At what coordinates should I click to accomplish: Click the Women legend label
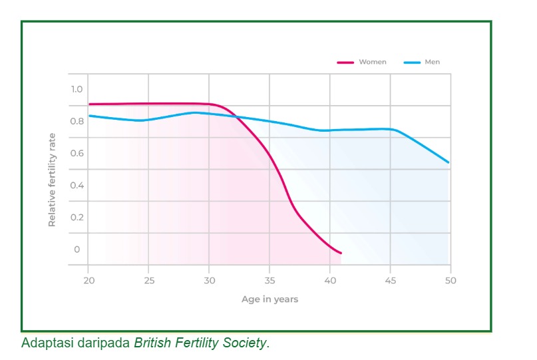(372, 62)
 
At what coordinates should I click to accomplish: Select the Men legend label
(432, 62)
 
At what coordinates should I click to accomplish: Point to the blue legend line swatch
(412, 63)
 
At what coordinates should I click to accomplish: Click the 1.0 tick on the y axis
(77, 89)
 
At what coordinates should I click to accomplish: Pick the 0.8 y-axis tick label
(77, 121)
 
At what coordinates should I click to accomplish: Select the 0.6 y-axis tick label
(77, 153)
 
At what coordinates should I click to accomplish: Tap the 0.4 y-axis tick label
(77, 185)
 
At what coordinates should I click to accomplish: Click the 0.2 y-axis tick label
(77, 217)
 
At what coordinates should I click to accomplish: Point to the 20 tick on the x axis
(89, 280)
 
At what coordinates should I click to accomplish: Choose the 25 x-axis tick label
(149, 280)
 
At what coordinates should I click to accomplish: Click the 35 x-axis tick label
(269, 280)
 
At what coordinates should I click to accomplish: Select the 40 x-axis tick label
(330, 280)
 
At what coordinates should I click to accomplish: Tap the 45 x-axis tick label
(391, 280)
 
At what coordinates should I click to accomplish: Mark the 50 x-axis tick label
(450, 280)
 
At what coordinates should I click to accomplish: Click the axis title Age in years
(269, 299)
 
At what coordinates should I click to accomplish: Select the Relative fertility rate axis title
(52, 180)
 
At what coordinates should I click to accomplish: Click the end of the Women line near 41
(341, 253)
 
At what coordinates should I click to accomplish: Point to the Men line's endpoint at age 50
(449, 162)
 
